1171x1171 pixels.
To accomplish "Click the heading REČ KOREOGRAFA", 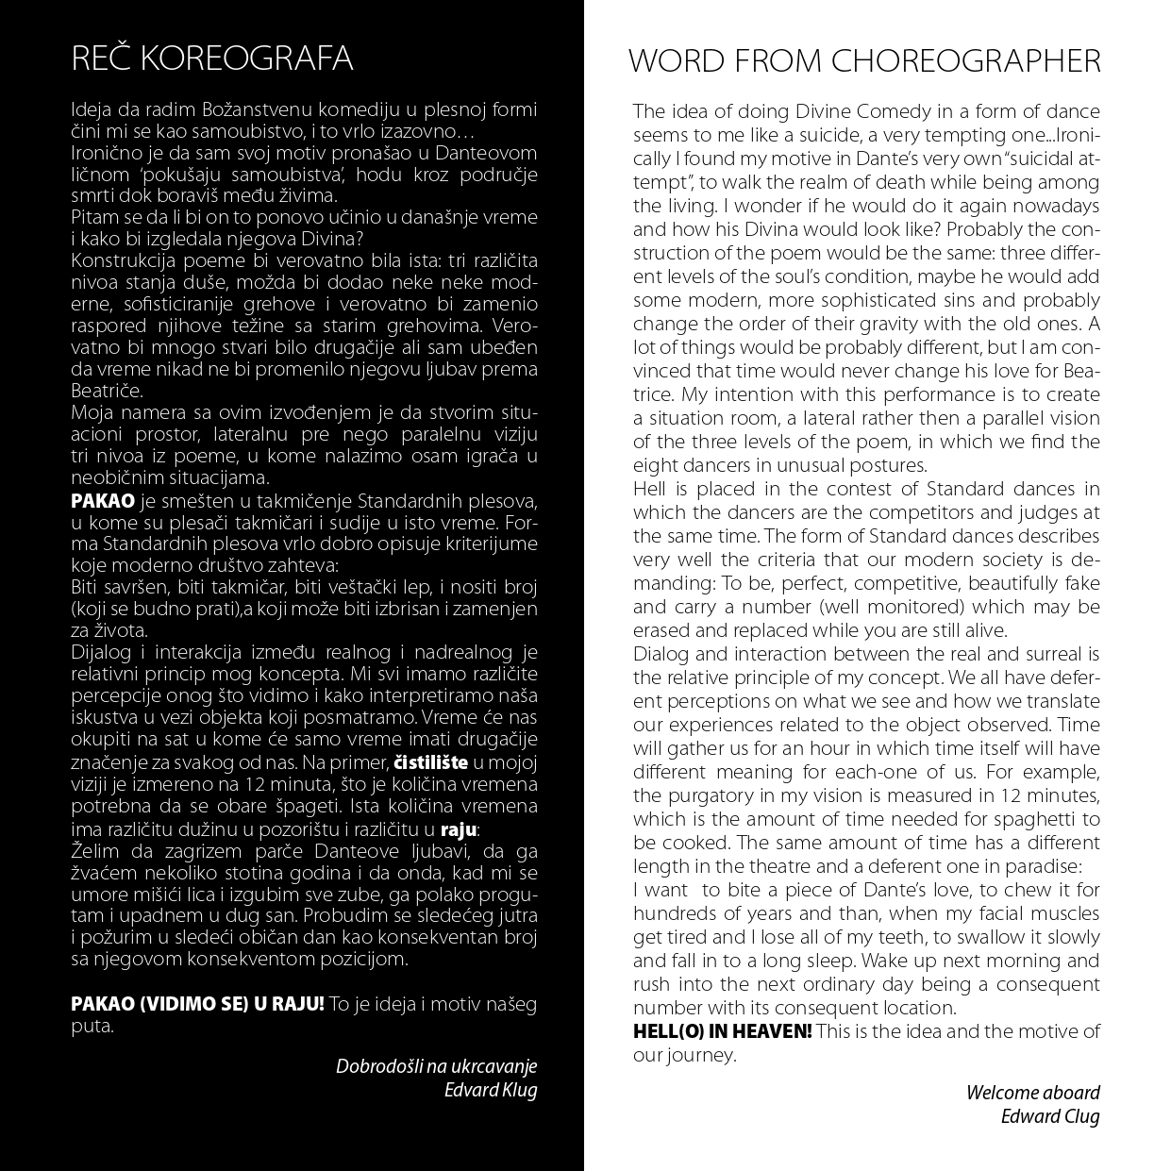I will [212, 59].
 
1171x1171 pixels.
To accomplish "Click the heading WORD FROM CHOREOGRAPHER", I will [864, 61].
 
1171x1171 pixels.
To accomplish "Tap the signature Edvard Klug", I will [491, 1091].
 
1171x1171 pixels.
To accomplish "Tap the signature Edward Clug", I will [1050, 1117].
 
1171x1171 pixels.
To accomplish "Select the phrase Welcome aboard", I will [1032, 1093].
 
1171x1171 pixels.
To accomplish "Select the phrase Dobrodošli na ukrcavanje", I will [436, 1066].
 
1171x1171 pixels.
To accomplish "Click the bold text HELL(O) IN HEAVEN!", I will [722, 1031].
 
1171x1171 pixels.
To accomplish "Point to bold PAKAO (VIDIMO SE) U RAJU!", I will [197, 1004].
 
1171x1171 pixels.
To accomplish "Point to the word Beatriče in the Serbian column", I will [107, 391].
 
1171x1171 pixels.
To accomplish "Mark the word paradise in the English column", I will [1039, 866].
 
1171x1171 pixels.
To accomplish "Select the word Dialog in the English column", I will [661, 654].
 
